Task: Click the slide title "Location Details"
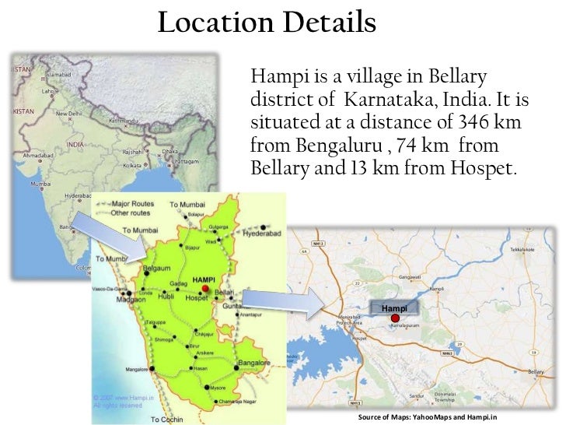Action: pos(267,23)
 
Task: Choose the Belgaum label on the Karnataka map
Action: pos(157,268)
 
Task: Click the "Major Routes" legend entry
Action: pos(132,204)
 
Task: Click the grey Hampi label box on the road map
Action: pos(394,307)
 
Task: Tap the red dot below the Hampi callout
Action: pos(395,318)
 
